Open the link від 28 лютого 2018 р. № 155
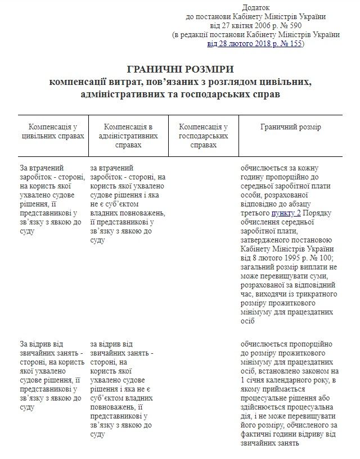pyautogui.click(x=255, y=43)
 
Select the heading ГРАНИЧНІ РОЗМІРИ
pyautogui.click(x=180, y=69)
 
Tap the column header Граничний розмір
pyautogui.click(x=290, y=127)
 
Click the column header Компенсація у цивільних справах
pyautogui.click(x=53, y=132)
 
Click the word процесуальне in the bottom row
pyautogui.click(x=265, y=399)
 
